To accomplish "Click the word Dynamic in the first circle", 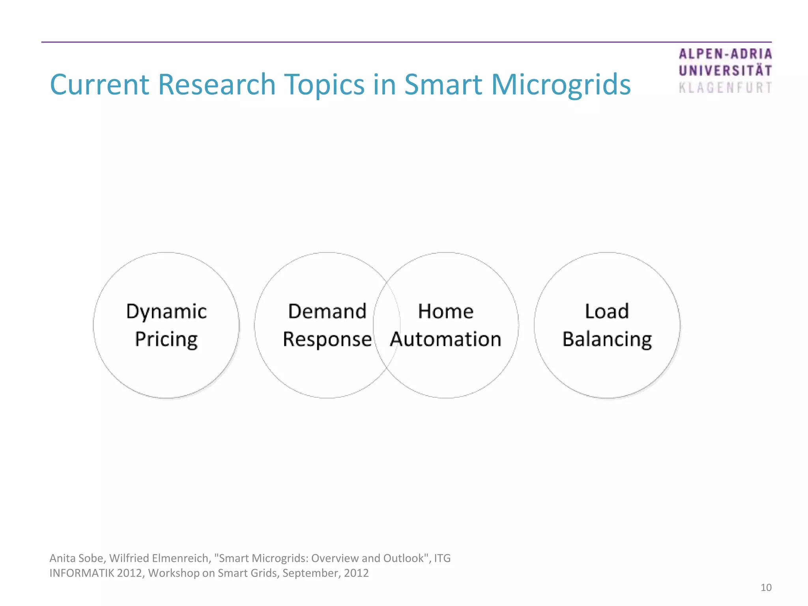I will pyautogui.click(x=166, y=312).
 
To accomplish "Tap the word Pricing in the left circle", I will pyautogui.click(x=166, y=340).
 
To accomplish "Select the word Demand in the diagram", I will pyautogui.click(x=327, y=311).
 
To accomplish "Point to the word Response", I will pyautogui.click(x=327, y=339).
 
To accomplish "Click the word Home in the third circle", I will pyautogui.click(x=445, y=311).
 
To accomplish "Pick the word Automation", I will pyautogui.click(x=445, y=339).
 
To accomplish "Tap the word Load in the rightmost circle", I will pyautogui.click(x=606, y=311).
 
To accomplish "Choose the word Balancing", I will pyautogui.click(x=607, y=339).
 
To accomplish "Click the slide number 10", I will pyautogui.click(x=766, y=587).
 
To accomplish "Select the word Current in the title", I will pyautogui.click(x=99, y=84).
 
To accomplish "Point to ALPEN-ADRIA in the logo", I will pyautogui.click(x=725, y=54).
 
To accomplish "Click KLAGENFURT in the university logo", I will pyautogui.click(x=725, y=88).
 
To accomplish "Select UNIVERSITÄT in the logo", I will pyautogui.click(x=725, y=71).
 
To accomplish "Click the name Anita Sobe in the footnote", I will pyautogui.click(x=76, y=558).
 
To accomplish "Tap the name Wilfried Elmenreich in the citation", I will pyautogui.click(x=159, y=558).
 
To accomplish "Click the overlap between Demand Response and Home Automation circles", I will pyautogui.click(x=387, y=325).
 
